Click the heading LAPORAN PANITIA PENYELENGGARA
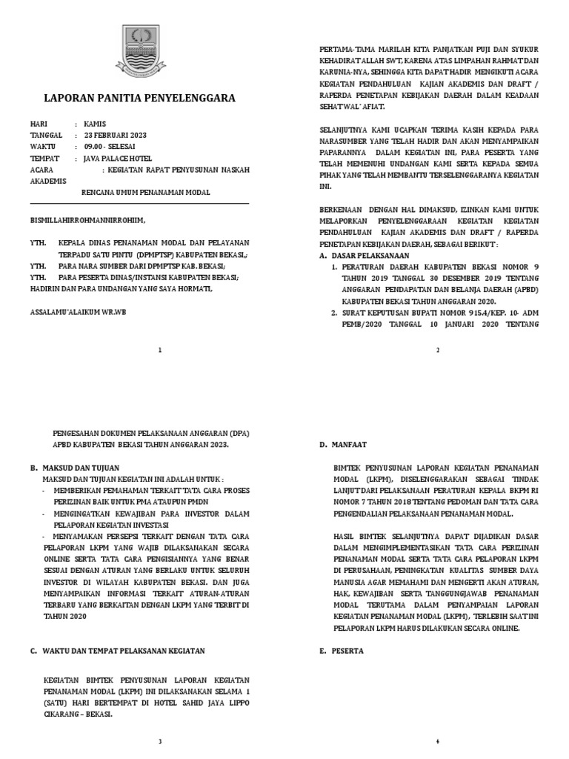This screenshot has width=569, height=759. point(140,98)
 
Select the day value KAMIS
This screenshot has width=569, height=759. point(96,124)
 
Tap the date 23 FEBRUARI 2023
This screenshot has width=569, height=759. point(116,135)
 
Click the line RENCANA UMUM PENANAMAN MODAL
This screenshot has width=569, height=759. point(145,192)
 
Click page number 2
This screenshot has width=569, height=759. point(438,350)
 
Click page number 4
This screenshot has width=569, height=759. point(438,740)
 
